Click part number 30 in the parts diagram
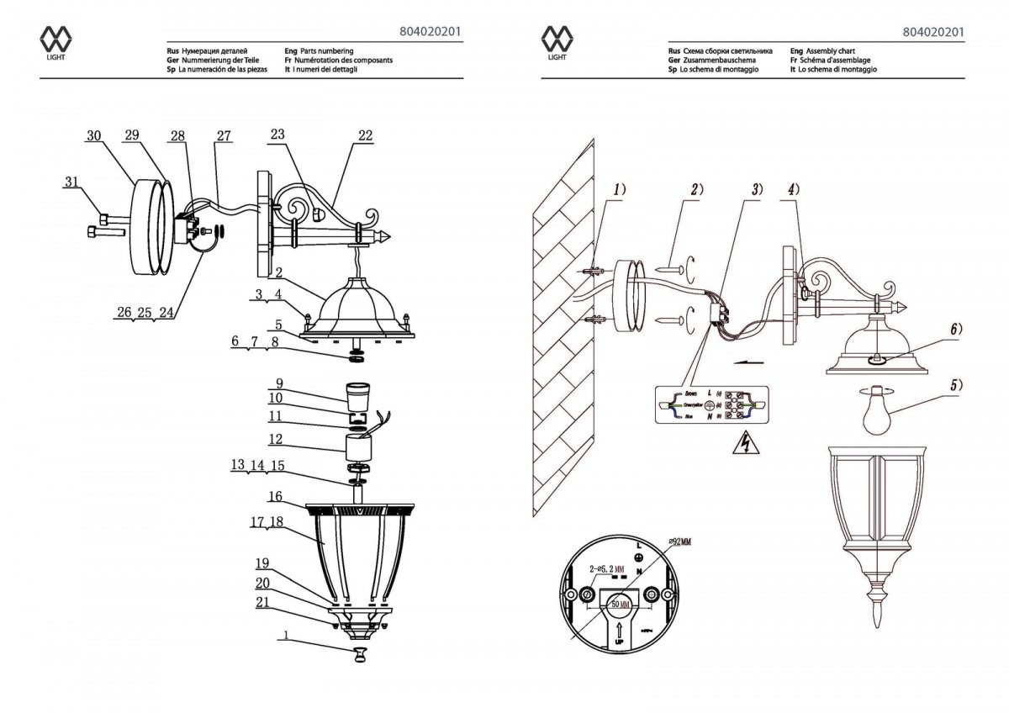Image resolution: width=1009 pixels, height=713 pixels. [x=94, y=135]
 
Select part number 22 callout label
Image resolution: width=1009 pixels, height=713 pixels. [x=365, y=135]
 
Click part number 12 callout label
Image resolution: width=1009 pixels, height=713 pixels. [x=276, y=439]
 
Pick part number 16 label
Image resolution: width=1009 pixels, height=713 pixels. [x=276, y=496]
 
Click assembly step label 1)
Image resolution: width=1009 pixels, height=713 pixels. [x=619, y=190]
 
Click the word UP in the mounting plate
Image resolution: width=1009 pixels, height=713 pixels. [x=621, y=641]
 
